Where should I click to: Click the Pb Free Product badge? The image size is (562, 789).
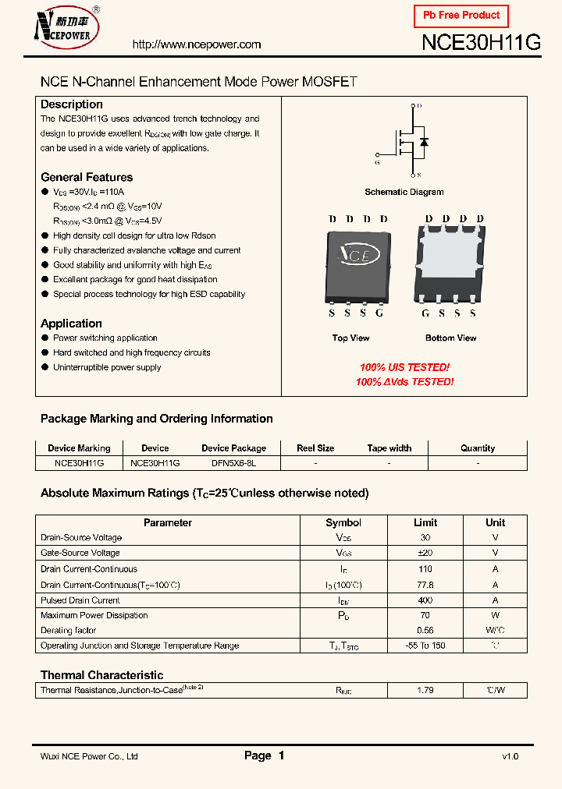point(461,16)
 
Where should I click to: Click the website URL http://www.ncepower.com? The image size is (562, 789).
point(197,44)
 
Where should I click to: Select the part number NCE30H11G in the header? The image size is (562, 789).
point(481,43)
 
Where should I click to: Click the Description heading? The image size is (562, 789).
point(72,104)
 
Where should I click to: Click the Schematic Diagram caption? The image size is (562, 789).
point(404,192)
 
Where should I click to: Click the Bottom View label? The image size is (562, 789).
point(451,338)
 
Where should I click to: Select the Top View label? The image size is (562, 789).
point(351,338)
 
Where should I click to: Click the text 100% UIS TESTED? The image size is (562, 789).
point(404,367)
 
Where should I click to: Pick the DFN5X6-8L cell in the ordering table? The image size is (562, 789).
point(233,462)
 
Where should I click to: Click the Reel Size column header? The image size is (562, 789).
point(315,448)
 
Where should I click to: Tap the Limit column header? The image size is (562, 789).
point(425,522)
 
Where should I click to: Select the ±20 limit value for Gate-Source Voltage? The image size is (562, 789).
point(425,553)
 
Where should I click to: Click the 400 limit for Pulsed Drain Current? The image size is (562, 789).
point(425,600)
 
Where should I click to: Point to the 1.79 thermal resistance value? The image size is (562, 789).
point(425,690)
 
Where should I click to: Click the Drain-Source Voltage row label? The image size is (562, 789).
point(81,537)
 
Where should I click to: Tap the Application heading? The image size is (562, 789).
point(71,324)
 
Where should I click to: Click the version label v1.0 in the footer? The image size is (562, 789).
point(510,756)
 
